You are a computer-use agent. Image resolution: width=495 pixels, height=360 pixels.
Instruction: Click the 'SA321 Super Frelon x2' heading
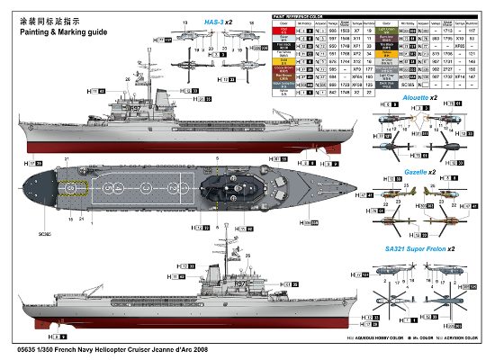(x=418, y=247)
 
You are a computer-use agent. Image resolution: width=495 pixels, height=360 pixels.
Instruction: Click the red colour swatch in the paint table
(x=281, y=31)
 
